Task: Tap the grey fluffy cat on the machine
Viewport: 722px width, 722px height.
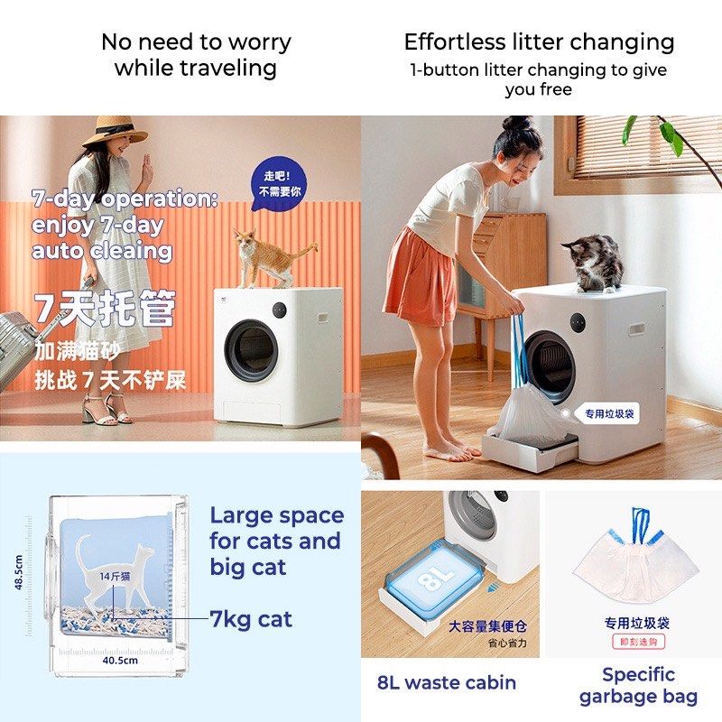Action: [x=593, y=262]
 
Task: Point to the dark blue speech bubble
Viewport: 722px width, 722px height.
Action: [x=279, y=186]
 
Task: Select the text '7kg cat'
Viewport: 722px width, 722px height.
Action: [x=251, y=619]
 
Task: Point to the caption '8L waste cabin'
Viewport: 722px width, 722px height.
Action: [x=447, y=682]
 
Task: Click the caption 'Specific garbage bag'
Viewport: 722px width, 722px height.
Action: [x=638, y=685]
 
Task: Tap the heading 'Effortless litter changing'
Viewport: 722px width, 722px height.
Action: [x=539, y=42]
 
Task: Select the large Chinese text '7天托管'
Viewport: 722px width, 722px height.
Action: [x=105, y=310]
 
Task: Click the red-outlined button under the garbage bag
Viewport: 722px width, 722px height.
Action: [x=637, y=642]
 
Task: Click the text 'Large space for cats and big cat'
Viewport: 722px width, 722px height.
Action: [x=276, y=541]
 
